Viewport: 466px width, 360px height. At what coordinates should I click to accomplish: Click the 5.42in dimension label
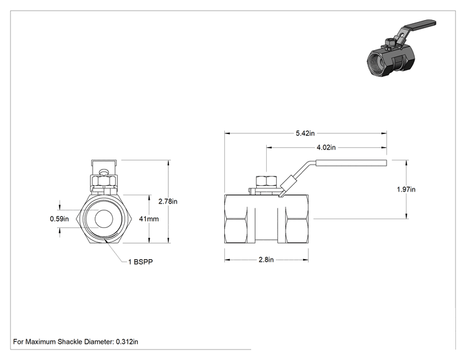(x=305, y=133)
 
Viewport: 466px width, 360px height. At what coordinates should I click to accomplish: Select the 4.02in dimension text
(x=326, y=147)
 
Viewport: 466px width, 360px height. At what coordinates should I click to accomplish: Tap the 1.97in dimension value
(x=406, y=189)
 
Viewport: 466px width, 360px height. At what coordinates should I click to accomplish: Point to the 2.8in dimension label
(x=266, y=260)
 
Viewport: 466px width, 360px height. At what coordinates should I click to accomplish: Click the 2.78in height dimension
(x=168, y=202)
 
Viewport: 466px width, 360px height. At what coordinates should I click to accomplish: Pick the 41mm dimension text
(x=149, y=219)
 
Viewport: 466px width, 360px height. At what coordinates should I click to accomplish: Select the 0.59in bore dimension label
(x=59, y=219)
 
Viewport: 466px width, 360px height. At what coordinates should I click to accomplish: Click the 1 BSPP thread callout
(x=140, y=262)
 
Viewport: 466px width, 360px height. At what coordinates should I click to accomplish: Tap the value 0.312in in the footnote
(x=127, y=342)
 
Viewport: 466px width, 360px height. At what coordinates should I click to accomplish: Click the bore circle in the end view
(x=104, y=219)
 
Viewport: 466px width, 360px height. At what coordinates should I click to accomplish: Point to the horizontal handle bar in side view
(x=351, y=163)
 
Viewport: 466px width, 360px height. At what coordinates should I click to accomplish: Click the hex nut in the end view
(x=104, y=181)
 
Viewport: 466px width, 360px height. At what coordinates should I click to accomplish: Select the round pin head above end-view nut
(x=104, y=172)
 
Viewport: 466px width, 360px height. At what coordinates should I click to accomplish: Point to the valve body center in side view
(x=266, y=219)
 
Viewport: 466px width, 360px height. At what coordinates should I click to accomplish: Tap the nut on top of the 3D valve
(x=390, y=43)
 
